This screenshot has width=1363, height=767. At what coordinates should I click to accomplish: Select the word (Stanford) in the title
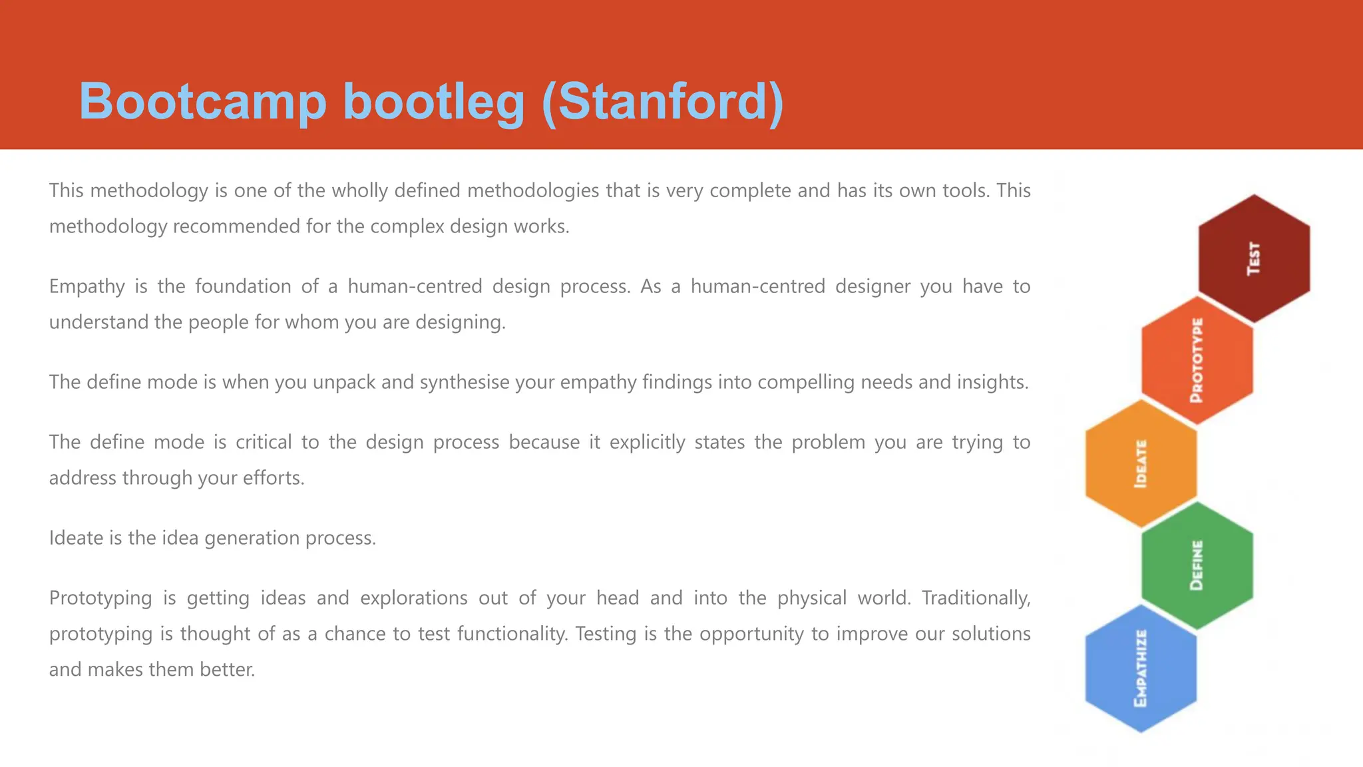pos(662,101)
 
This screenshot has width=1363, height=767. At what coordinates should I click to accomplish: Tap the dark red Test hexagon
pos(1254,258)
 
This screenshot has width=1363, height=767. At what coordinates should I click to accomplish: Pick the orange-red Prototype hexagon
pos(1197,360)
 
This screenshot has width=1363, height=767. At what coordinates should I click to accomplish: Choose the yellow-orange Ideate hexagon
pos(1141,463)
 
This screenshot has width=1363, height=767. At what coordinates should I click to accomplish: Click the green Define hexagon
pos(1197,565)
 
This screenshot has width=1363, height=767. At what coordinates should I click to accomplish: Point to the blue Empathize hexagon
pos(1141,668)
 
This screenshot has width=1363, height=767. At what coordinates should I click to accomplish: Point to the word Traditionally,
pos(976,599)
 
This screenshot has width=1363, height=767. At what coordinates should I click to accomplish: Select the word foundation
pos(243,287)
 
